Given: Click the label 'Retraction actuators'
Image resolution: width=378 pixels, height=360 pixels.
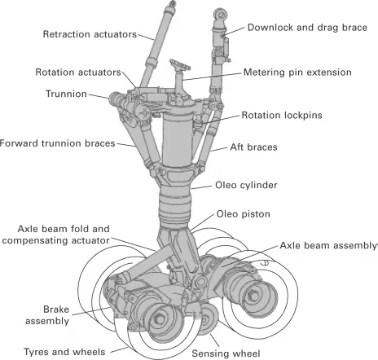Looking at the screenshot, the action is (90, 34).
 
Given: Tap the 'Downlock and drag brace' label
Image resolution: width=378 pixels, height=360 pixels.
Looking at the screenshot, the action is (307, 28).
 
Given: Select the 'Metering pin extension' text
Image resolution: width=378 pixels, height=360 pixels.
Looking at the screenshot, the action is (297, 72).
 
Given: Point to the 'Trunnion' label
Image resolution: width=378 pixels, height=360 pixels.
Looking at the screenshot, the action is (66, 94).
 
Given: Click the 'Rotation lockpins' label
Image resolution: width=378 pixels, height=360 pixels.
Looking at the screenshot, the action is (282, 115).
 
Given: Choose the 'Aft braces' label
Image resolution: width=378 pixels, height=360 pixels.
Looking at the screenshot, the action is (253, 147).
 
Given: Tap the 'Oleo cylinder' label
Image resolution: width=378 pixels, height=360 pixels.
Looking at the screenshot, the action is (246, 185).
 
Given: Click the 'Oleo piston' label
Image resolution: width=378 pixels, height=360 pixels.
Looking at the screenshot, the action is (244, 214).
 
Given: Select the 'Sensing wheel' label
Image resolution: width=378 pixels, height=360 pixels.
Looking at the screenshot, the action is (226, 353).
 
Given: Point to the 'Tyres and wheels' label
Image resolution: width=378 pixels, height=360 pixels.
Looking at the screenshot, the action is (64, 352).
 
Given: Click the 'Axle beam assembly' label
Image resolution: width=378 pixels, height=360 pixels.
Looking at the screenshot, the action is (328, 245).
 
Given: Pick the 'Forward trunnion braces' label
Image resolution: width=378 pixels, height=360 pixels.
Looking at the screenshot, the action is (58, 143).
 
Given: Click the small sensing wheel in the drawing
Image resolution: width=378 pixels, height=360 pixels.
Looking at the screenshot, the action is (207, 318).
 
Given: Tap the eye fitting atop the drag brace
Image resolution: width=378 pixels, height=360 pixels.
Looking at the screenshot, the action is (220, 14).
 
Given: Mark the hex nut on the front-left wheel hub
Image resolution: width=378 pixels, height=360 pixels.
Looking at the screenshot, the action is (160, 319).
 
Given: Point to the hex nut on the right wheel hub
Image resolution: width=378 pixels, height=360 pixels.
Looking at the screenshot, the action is (253, 296).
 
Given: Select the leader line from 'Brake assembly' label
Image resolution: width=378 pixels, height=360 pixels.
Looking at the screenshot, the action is (91, 311).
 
